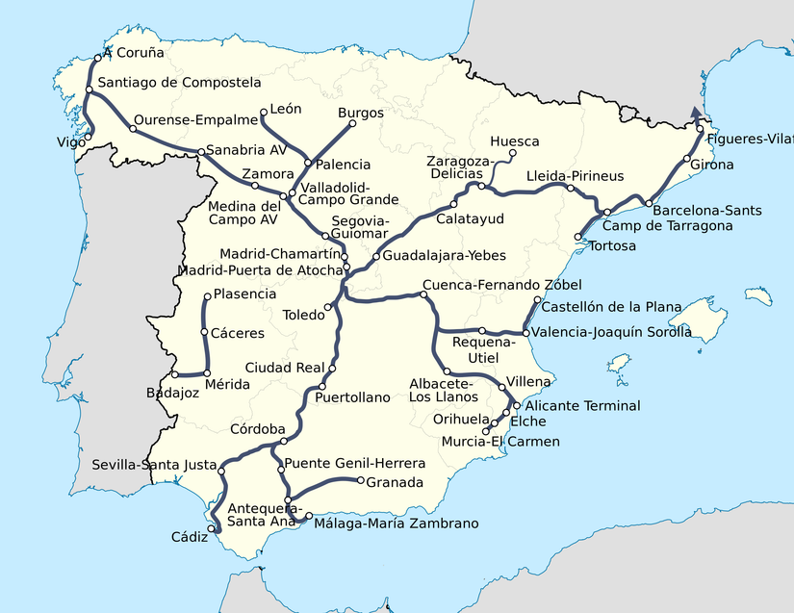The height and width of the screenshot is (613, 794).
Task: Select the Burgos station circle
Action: click(342, 122)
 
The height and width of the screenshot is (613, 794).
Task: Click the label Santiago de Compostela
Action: click(179, 83)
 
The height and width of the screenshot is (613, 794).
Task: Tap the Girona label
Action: click(712, 165)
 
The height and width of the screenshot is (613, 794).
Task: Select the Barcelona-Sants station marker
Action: click(650, 204)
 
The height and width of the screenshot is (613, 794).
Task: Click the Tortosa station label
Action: click(613, 245)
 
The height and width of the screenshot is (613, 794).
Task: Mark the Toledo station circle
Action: click(328, 308)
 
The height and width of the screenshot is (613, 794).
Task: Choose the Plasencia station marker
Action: click(207, 295)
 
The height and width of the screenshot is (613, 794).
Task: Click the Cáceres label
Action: click(239, 333)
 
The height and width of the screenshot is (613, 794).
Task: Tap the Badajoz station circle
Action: click(174, 373)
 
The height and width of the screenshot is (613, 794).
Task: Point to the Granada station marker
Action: click(359, 481)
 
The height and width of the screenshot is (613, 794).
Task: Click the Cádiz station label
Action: click(189, 537)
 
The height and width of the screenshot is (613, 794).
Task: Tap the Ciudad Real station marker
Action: click(333, 369)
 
